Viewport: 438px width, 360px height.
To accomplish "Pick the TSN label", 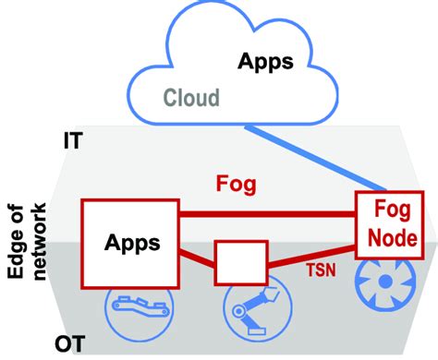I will click(x=320, y=273).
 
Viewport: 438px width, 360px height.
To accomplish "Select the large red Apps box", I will click(x=129, y=244).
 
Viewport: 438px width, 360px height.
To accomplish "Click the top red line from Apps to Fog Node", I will click(x=268, y=214).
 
